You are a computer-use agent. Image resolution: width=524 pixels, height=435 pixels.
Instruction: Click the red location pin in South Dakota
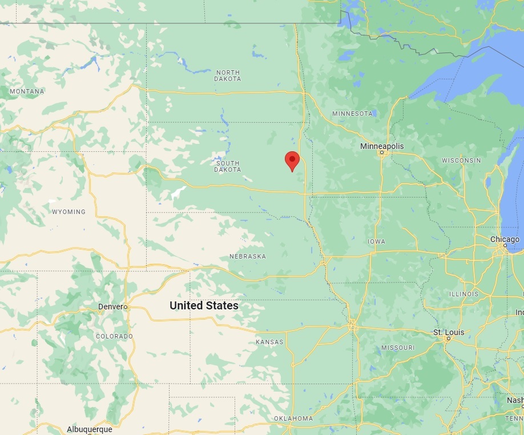click(x=292, y=160)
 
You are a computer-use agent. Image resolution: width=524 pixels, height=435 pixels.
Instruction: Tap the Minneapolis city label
click(x=382, y=146)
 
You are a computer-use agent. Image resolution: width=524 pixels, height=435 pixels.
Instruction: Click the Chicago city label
click(x=505, y=239)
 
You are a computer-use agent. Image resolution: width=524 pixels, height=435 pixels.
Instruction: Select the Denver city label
click(x=110, y=307)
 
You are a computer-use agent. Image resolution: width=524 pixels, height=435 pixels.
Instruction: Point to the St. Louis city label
click(x=449, y=332)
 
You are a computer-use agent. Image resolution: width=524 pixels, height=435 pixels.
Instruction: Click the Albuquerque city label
click(x=90, y=429)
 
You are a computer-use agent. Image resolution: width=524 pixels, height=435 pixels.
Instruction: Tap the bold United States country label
click(x=204, y=305)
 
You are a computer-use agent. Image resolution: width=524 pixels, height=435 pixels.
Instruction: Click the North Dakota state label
click(x=228, y=75)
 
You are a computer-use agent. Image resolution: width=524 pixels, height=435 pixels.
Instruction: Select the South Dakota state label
click(x=228, y=167)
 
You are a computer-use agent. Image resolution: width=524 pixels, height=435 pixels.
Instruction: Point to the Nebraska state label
click(x=248, y=256)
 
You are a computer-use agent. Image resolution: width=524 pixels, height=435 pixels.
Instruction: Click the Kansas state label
click(x=269, y=342)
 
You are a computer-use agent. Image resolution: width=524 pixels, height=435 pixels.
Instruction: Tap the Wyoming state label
click(x=68, y=212)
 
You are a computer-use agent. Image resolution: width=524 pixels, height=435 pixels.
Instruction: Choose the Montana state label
click(x=27, y=91)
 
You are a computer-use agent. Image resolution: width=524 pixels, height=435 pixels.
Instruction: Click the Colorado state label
click(x=114, y=336)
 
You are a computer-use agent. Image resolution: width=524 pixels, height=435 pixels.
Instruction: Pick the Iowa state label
click(x=377, y=241)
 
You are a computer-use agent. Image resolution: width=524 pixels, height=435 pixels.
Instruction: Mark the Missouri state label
click(x=398, y=348)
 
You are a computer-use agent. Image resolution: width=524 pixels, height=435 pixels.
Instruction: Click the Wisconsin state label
click(x=461, y=160)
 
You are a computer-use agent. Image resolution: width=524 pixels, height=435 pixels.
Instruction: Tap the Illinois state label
click(x=464, y=294)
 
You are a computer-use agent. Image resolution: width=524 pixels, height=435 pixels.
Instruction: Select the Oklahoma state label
click(x=293, y=418)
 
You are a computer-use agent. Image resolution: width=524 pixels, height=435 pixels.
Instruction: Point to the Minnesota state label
click(x=353, y=114)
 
